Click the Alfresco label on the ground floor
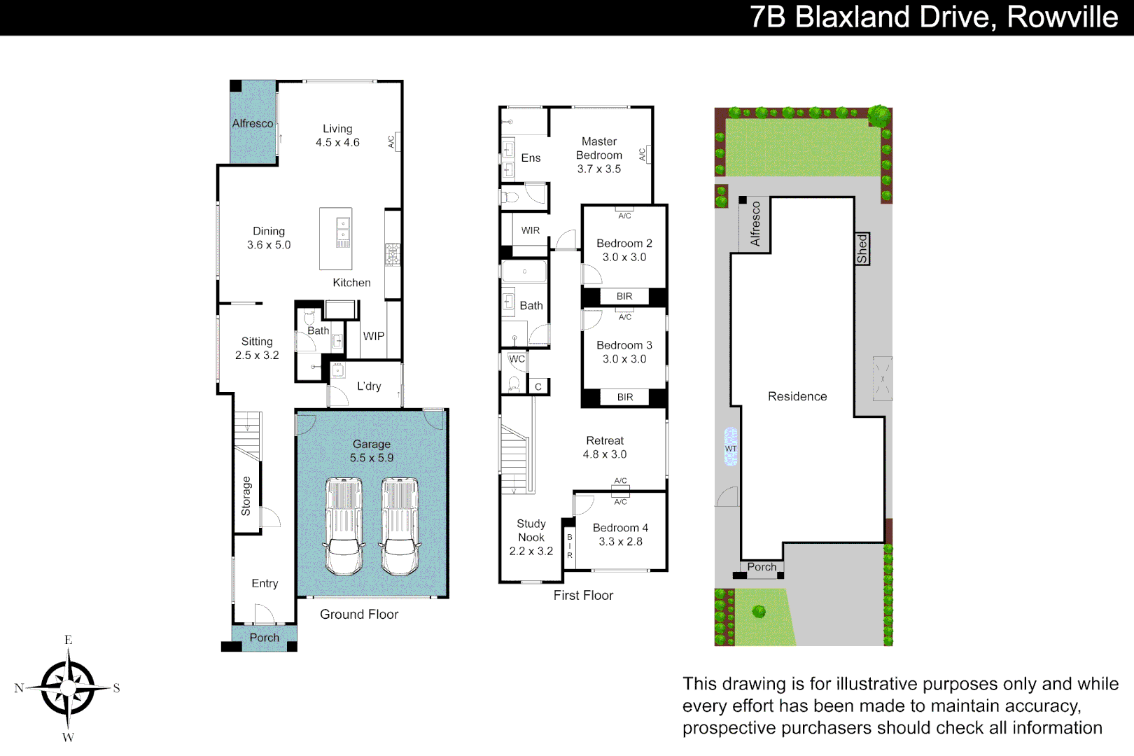click(x=253, y=123)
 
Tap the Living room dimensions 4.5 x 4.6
click(x=337, y=143)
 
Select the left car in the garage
click(x=344, y=526)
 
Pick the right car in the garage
click(x=400, y=526)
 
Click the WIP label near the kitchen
click(x=374, y=336)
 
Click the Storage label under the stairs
click(x=246, y=496)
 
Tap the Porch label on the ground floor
click(x=264, y=638)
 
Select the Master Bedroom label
click(x=599, y=148)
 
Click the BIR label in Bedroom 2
click(x=624, y=297)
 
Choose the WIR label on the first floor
click(x=531, y=230)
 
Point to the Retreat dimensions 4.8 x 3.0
click(x=605, y=454)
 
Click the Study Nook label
click(x=531, y=531)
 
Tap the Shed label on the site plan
click(x=862, y=248)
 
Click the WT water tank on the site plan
click(x=731, y=448)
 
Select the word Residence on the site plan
click(x=797, y=396)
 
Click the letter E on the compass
click(x=68, y=640)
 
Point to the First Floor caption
click(x=583, y=595)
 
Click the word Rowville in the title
click(x=1062, y=17)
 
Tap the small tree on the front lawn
click(x=759, y=612)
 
